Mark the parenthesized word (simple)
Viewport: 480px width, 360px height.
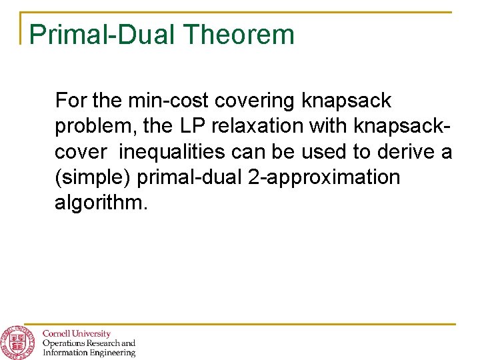pos(93,178)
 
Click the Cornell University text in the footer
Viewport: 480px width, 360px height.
pos(76,333)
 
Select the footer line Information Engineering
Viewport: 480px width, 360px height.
pos(88,353)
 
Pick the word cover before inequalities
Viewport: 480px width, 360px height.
pos(80,152)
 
